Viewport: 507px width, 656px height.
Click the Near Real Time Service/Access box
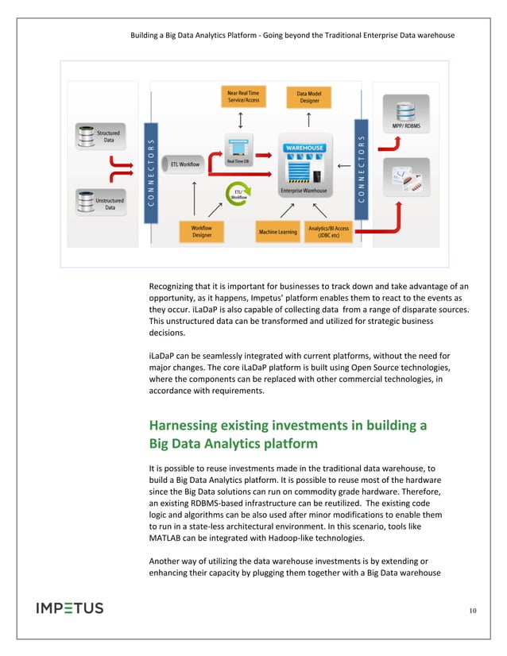click(242, 98)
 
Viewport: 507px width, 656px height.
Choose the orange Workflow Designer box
click(202, 231)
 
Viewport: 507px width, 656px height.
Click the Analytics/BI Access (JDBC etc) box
click(328, 232)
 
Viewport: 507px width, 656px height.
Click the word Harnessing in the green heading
click(189, 426)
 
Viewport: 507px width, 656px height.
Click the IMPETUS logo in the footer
click(70, 608)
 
